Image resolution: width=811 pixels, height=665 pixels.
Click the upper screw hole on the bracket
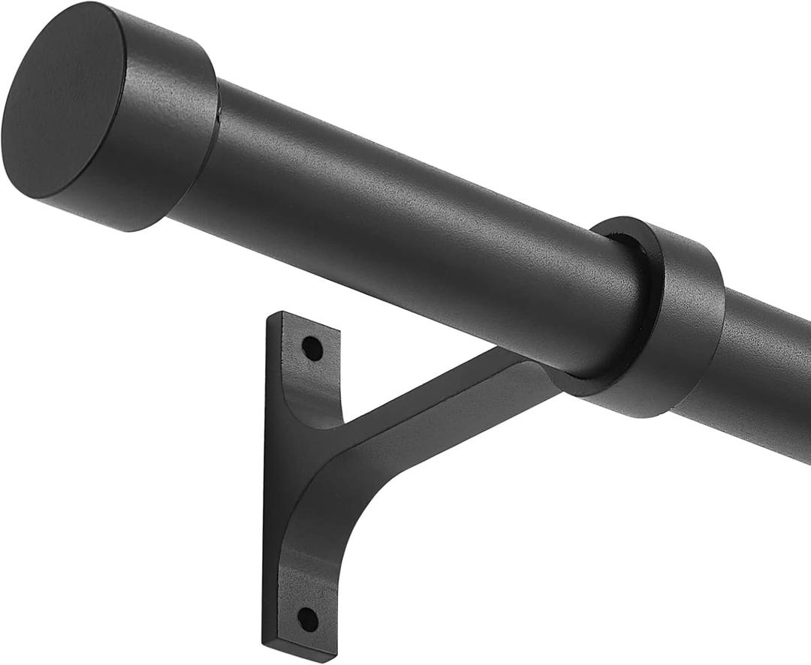point(312,348)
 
